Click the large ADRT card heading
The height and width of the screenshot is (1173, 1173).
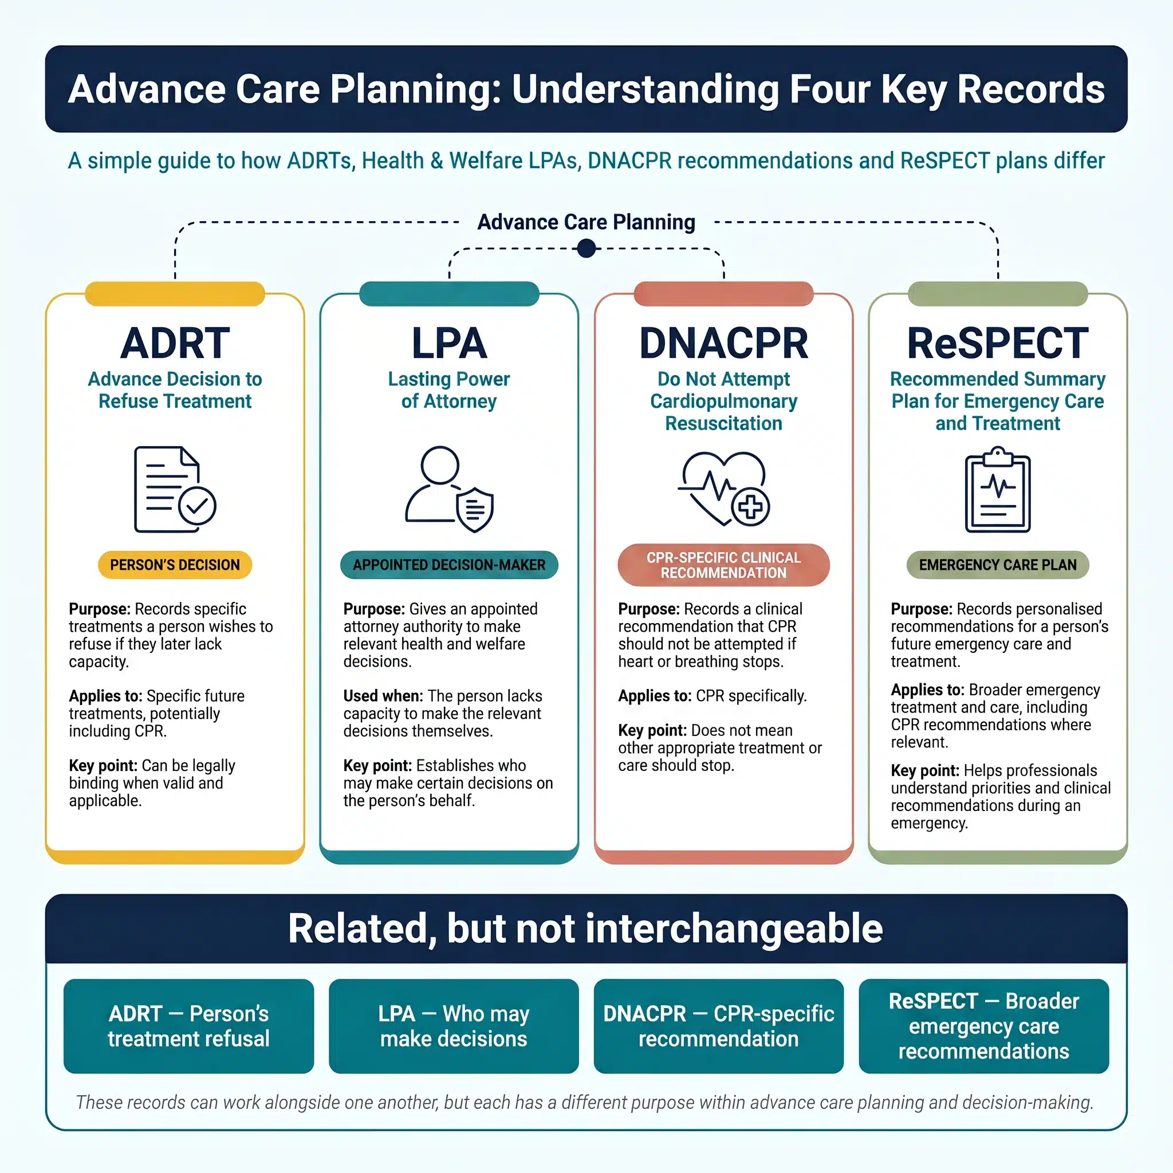click(x=175, y=343)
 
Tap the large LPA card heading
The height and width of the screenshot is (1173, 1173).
click(x=449, y=343)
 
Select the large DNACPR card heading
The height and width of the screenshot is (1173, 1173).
click(x=724, y=343)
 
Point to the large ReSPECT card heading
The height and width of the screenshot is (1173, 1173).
click(x=998, y=343)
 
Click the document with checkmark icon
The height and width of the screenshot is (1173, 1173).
click(x=175, y=489)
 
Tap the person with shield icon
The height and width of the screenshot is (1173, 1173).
click(x=449, y=489)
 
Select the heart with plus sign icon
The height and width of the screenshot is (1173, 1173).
click(x=724, y=489)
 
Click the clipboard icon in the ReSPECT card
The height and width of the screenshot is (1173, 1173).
click(x=998, y=489)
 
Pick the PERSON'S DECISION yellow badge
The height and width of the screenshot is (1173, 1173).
click(x=175, y=565)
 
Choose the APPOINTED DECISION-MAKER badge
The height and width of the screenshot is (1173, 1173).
click(x=449, y=565)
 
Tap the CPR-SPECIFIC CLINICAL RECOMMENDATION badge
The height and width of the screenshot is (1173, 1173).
click(x=724, y=565)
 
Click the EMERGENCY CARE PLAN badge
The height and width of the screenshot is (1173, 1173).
click(x=998, y=565)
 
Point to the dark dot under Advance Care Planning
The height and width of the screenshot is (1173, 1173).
click(x=586, y=249)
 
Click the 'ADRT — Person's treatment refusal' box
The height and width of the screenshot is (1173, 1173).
click(x=189, y=1026)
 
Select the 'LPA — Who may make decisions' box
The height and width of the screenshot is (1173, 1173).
click(x=454, y=1026)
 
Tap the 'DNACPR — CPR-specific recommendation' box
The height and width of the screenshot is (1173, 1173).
click(x=719, y=1026)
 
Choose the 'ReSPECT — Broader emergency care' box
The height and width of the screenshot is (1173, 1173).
click(x=984, y=1026)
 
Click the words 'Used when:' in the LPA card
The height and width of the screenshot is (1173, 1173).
click(x=383, y=696)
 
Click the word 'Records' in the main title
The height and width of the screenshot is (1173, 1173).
click(x=1031, y=89)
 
